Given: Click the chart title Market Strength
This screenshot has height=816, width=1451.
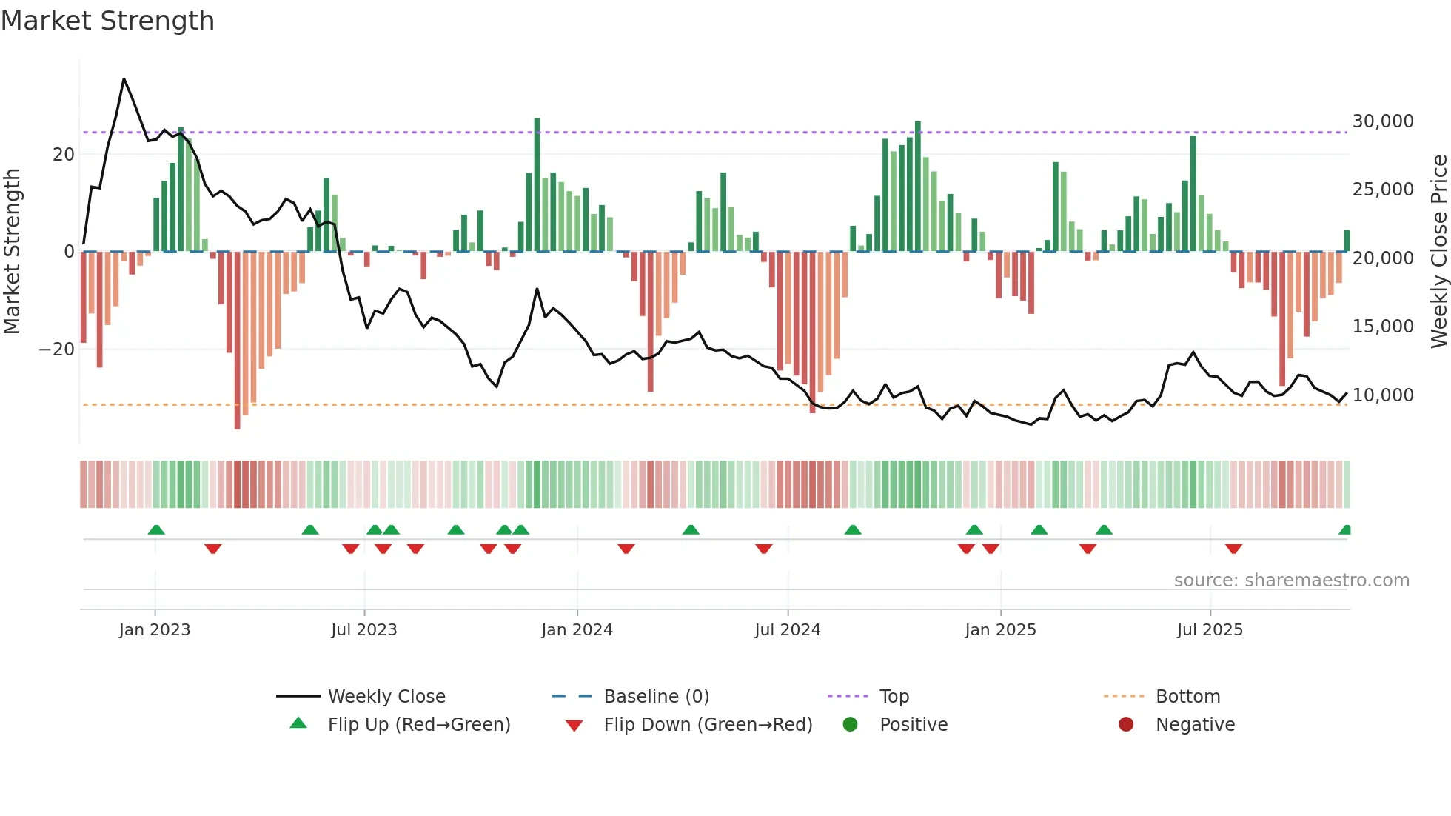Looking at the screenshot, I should [x=107, y=21].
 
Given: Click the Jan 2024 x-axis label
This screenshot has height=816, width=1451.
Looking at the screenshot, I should [x=577, y=630].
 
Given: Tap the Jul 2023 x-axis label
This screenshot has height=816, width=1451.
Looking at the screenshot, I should [x=363, y=630].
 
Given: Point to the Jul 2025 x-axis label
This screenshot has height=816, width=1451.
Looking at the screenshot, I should [x=1210, y=630].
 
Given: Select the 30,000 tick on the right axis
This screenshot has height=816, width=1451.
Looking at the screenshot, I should [x=1382, y=121].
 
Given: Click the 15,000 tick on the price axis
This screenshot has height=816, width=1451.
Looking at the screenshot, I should [x=1382, y=327].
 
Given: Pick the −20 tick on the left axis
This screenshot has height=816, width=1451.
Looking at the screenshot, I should [x=57, y=350].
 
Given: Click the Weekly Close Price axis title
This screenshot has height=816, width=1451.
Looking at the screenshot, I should [x=1438, y=252].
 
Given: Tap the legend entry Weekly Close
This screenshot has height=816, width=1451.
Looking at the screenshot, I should [x=386, y=697].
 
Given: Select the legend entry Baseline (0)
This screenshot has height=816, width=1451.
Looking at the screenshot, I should [x=656, y=697].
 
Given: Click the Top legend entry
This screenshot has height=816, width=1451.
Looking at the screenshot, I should [x=894, y=697].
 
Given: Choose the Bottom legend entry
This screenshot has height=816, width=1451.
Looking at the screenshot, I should [x=1187, y=697].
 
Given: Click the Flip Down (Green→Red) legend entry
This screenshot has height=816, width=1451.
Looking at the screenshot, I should [x=707, y=725].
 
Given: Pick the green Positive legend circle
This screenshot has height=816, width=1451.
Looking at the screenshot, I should [x=850, y=725].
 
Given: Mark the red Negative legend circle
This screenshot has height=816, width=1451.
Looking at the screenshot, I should [x=1126, y=725].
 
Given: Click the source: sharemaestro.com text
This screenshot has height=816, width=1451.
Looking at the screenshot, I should [x=1291, y=581].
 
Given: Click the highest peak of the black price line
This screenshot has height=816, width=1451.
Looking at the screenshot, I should [x=124, y=79].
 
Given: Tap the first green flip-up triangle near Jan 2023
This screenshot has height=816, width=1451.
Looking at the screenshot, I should [x=156, y=529].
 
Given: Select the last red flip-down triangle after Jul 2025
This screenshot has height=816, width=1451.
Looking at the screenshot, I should [x=1233, y=549].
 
